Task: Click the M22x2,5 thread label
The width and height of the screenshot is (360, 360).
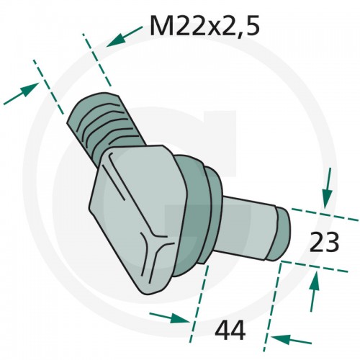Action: (x=204, y=26)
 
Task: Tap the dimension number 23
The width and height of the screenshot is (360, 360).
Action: (x=324, y=242)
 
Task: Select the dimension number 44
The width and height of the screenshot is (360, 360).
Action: (x=230, y=330)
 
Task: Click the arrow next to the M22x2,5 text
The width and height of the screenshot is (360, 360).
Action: (x=125, y=37)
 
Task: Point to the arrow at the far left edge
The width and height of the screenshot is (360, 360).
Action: (x=21, y=94)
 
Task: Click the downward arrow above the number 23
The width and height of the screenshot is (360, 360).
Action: (x=328, y=188)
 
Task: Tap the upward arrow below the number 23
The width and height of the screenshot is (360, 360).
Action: (x=315, y=291)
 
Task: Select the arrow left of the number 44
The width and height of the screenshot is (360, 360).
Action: (x=168, y=318)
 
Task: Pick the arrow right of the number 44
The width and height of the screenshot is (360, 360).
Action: (x=291, y=339)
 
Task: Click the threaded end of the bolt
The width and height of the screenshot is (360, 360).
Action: (x=106, y=125)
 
